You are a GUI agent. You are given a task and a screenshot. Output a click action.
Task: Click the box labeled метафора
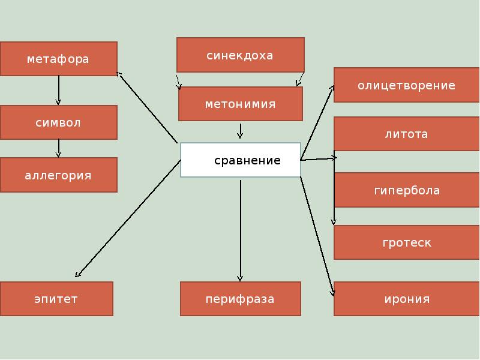click(58, 59)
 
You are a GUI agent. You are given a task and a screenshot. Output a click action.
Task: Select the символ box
click(58, 122)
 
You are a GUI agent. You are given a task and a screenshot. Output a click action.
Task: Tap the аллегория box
click(58, 175)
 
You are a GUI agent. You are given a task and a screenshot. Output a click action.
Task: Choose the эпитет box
click(56, 299)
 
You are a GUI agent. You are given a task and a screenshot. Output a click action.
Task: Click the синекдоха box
click(240, 55)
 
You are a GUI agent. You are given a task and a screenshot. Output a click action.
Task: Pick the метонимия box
click(240, 104)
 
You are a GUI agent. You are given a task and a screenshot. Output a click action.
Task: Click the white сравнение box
click(240, 160)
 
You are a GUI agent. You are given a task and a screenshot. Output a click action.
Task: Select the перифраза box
click(240, 299)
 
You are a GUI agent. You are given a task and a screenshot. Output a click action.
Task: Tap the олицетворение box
click(406, 85)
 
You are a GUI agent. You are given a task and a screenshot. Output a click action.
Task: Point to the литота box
click(406, 134)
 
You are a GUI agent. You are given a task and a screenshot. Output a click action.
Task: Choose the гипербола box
click(406, 190)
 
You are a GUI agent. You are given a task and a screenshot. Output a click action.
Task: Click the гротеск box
click(406, 242)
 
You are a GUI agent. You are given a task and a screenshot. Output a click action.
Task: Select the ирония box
click(406, 299)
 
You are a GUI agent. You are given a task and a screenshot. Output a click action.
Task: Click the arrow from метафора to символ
click(59, 90)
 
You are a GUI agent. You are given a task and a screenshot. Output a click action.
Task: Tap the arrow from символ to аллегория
click(59, 148)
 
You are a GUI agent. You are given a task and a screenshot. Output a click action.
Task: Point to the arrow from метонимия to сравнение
click(241, 131)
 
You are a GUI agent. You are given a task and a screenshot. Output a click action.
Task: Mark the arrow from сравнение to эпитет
click(128, 218)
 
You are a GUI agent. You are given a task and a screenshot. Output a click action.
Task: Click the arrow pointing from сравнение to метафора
click(147, 107)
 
